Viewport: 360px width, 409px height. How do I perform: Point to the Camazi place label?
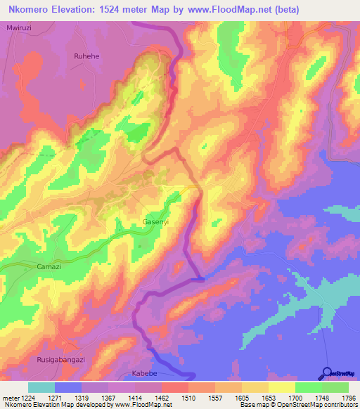[49, 268]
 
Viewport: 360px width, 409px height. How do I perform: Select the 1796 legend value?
[348, 397]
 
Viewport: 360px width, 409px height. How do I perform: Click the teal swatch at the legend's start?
[41, 387]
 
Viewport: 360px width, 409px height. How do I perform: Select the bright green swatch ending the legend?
[335, 387]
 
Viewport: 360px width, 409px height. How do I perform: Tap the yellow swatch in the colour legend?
[281, 387]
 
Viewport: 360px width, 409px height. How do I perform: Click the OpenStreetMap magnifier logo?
[328, 372]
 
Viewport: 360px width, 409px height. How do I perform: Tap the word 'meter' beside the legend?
[11, 397]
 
